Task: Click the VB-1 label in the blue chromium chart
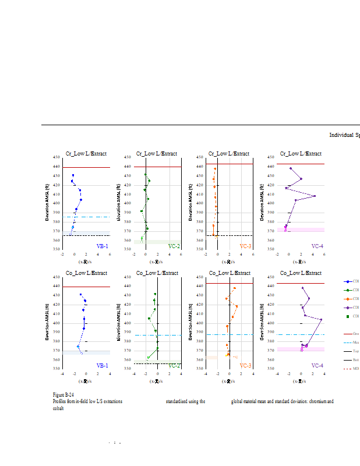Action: (102, 246)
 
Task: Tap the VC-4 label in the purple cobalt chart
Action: (317, 365)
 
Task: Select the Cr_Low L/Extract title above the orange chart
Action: (229, 154)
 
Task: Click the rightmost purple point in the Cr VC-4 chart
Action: (315, 196)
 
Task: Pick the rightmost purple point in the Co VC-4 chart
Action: (321, 319)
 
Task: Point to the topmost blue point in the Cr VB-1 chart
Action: (73, 175)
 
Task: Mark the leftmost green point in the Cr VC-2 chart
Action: (142, 211)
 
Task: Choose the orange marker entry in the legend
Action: (348, 298)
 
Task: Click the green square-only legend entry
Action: (348, 316)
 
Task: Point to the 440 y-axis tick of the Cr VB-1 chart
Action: (57, 167)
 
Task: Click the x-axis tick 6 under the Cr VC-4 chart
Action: (324, 255)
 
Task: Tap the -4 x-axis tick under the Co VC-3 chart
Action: (206, 374)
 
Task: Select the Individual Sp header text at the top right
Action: (344, 135)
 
